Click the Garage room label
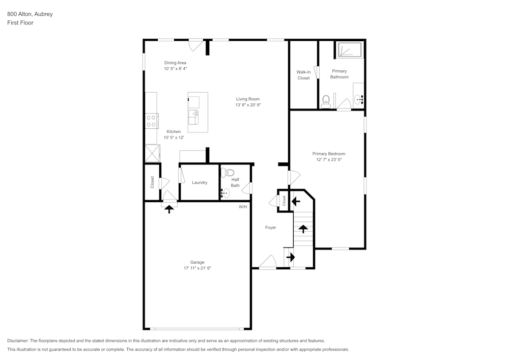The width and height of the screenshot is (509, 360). click(197, 262)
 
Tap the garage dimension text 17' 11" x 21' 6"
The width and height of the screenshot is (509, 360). click(197, 268)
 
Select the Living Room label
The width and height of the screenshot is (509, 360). click(248, 99)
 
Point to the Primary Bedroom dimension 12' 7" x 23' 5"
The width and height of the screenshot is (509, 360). click(329, 159)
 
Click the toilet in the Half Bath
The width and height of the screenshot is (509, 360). click(227, 172)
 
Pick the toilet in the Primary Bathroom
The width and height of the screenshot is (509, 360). click(326, 100)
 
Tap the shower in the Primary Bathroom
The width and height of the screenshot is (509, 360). click(349, 50)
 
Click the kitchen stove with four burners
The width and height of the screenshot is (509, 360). click(151, 121)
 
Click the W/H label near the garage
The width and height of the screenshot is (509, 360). click(243, 207)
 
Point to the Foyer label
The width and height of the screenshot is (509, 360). click(270, 228)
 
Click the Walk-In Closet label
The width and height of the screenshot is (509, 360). click(303, 75)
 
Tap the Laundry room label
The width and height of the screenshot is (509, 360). click(200, 182)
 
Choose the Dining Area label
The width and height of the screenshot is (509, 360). click(175, 63)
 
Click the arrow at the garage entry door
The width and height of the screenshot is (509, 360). click(169, 208)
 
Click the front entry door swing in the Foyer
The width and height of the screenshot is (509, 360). click(267, 262)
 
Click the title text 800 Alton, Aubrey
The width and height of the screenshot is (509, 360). click(30, 14)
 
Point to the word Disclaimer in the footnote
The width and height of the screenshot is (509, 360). click(18, 340)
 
